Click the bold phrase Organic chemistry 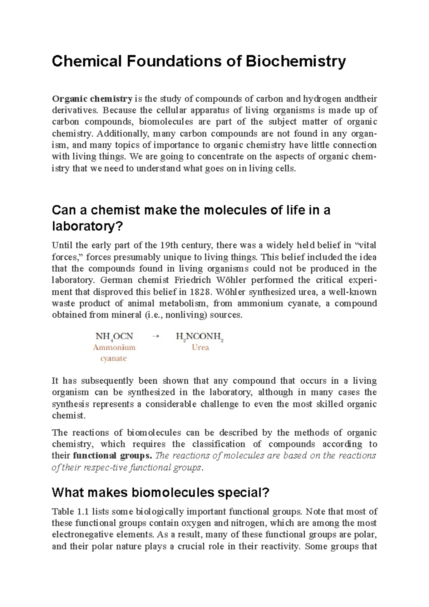click(x=92, y=99)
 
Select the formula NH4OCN click(x=114, y=336)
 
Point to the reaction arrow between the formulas click(x=155, y=336)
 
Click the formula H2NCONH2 click(x=200, y=336)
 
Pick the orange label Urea click(x=200, y=347)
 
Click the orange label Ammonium click(x=114, y=347)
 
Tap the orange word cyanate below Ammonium click(x=114, y=359)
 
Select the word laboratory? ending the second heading click(x=87, y=227)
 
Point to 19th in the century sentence click(x=169, y=245)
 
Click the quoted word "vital click(x=365, y=245)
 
